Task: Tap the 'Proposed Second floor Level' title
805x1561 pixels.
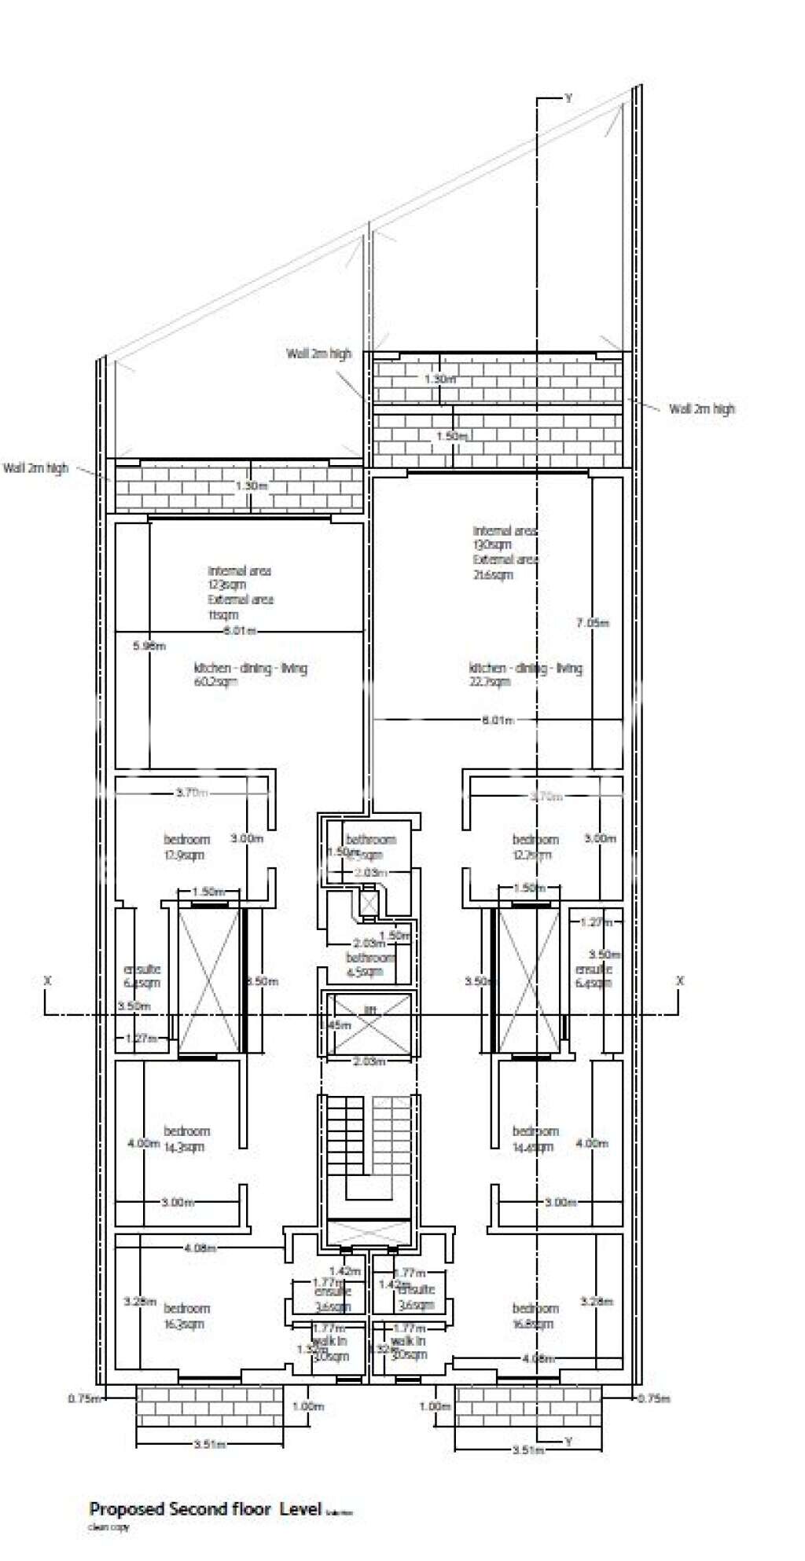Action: tap(206, 1508)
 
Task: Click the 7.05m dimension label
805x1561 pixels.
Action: tap(592, 622)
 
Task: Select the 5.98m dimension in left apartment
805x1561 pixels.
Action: tap(149, 646)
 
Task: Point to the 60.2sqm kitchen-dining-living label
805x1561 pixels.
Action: tap(250, 675)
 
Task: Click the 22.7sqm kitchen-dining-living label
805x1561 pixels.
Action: tap(525, 675)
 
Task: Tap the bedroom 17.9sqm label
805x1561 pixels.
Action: tap(186, 847)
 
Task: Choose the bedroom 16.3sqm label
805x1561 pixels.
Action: tap(186, 1316)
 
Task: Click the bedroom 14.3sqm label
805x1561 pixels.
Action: tap(186, 1138)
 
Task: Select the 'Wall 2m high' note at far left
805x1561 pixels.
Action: tap(35, 468)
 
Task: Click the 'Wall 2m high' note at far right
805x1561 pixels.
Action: tap(701, 409)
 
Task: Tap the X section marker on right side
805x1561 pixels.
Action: tap(680, 980)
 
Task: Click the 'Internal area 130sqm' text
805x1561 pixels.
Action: tap(504, 537)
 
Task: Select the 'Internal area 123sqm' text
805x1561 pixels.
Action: tap(239, 577)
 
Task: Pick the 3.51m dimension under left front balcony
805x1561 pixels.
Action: tap(209, 1443)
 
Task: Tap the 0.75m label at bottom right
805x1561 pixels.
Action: tap(654, 1398)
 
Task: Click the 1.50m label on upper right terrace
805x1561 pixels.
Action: tap(454, 435)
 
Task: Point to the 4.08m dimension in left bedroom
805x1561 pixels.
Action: tap(200, 1247)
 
